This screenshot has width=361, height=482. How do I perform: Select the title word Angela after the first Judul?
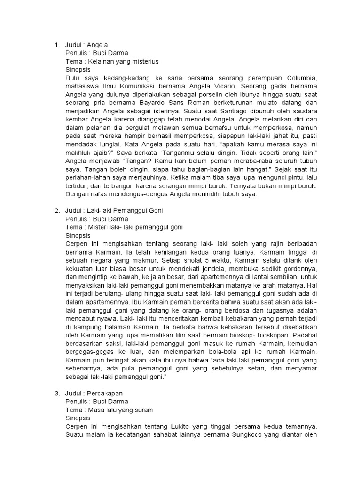click(97, 45)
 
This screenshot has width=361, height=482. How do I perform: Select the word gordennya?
click(298, 269)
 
